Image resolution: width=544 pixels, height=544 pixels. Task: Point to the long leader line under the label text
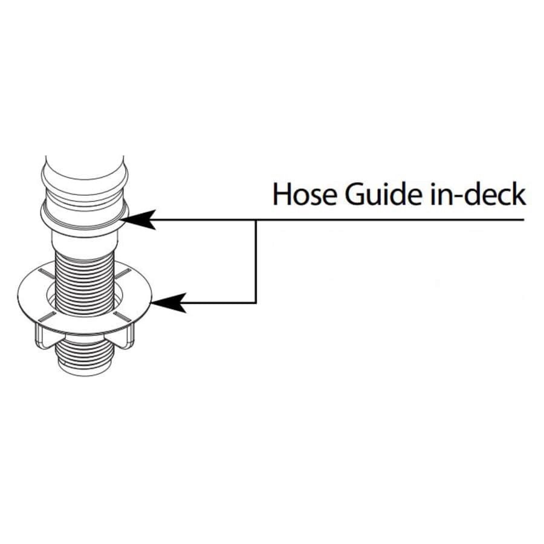point(393,220)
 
